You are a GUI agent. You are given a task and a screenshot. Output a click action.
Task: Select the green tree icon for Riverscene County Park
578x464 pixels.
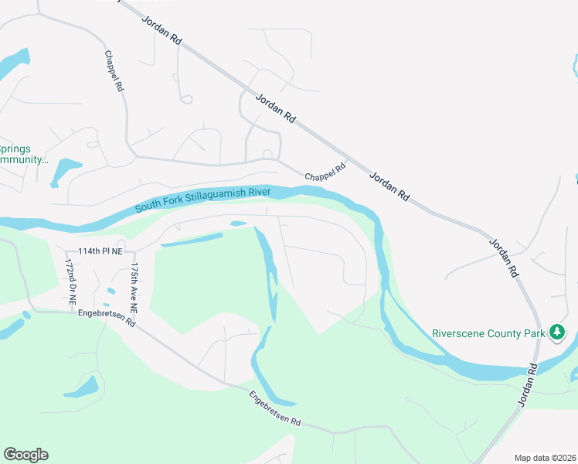pyautogui.click(x=557, y=333)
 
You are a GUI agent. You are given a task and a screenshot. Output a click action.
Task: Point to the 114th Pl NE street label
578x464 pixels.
pyautogui.click(x=100, y=251)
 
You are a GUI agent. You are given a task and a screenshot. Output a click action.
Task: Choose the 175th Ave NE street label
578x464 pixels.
pyautogui.click(x=134, y=287)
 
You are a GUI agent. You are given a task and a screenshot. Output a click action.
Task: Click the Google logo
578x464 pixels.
pyautogui.click(x=26, y=455)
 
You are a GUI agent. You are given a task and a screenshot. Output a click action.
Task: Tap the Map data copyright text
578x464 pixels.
pyautogui.click(x=546, y=458)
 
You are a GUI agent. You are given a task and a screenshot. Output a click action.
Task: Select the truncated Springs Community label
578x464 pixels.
pyautogui.click(x=23, y=154)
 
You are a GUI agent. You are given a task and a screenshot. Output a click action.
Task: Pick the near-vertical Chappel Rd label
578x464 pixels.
pyautogui.click(x=114, y=73)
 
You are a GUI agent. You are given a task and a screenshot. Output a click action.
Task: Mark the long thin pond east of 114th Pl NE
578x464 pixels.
pyautogui.click(x=198, y=241)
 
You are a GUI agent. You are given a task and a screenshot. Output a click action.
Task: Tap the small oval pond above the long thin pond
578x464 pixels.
pyautogui.click(x=238, y=224)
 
